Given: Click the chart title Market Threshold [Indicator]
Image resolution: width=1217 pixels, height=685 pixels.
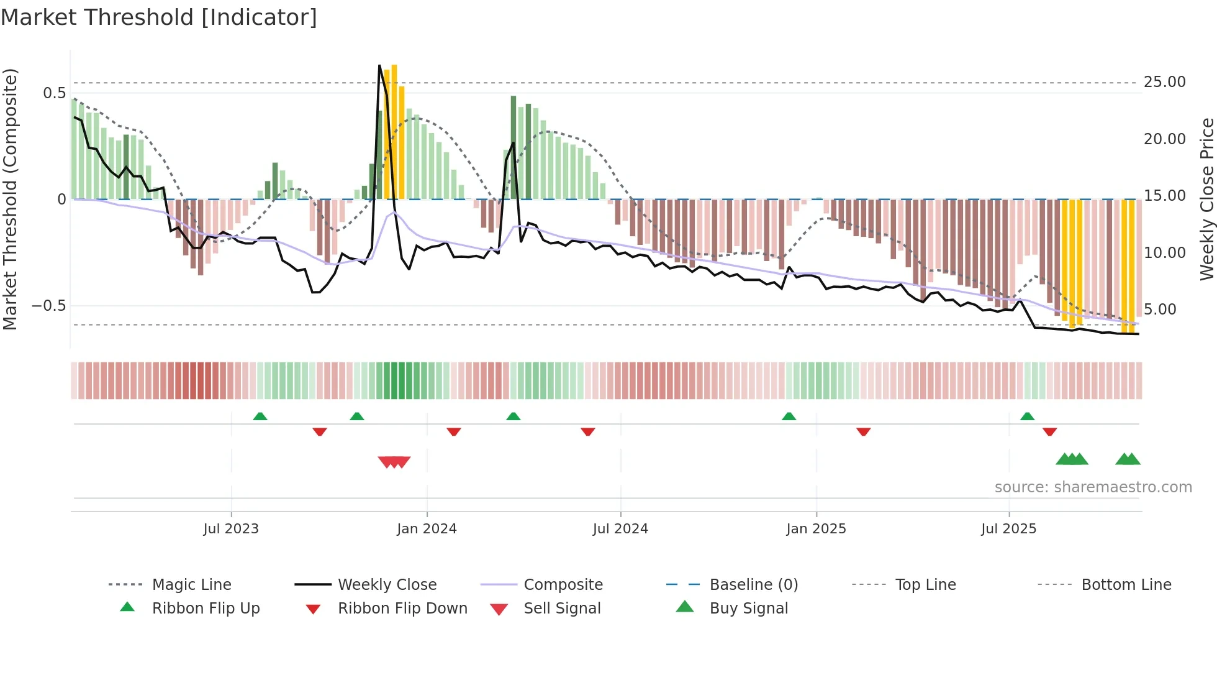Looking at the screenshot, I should click(159, 17).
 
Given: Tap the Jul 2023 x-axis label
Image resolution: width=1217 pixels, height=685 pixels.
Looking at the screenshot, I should click(231, 529).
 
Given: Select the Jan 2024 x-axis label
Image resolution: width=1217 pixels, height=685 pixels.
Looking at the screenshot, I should click(427, 529).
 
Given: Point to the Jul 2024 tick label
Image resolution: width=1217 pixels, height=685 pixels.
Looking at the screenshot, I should click(620, 529).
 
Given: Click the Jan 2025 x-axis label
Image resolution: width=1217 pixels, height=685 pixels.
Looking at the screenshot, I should click(816, 529).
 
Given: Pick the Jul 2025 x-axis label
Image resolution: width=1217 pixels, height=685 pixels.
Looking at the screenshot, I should click(1009, 529).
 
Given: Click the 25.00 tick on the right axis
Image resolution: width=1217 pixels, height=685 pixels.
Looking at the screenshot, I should click(1164, 82).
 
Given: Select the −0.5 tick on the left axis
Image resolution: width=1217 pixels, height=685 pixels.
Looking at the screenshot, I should click(49, 306).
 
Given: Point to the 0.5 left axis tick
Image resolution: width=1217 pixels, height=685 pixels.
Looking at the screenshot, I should click(54, 93).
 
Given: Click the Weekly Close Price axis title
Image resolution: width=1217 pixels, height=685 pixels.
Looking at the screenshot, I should click(1206, 199).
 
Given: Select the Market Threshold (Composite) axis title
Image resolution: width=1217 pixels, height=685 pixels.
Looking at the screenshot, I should click(10, 199).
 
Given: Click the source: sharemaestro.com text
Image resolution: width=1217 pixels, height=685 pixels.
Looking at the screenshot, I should click(1093, 487).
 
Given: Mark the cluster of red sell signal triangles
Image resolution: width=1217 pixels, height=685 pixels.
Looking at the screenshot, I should click(394, 462).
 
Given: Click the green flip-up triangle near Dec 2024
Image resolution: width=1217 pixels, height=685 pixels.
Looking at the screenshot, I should click(789, 416).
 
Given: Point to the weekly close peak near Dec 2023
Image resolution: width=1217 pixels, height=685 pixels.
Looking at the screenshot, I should click(380, 65).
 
